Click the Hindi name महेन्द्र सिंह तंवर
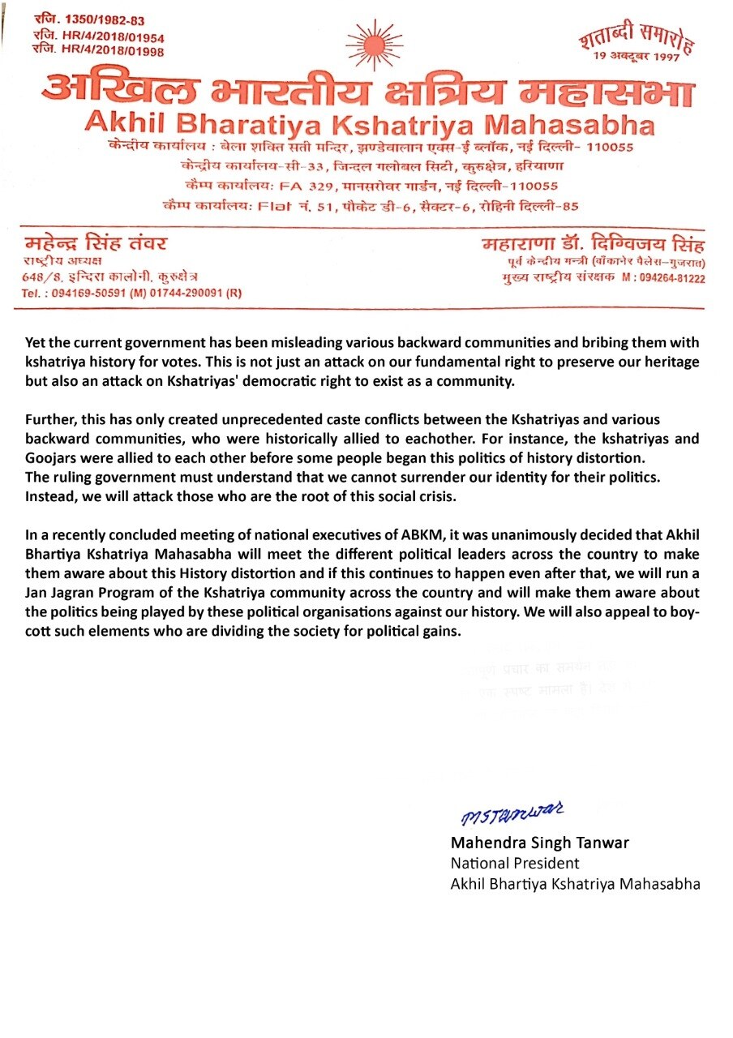[96, 244]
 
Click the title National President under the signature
[515, 863]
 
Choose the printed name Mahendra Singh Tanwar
[539, 843]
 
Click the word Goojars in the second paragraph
[59, 458]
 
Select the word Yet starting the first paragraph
[36, 343]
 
